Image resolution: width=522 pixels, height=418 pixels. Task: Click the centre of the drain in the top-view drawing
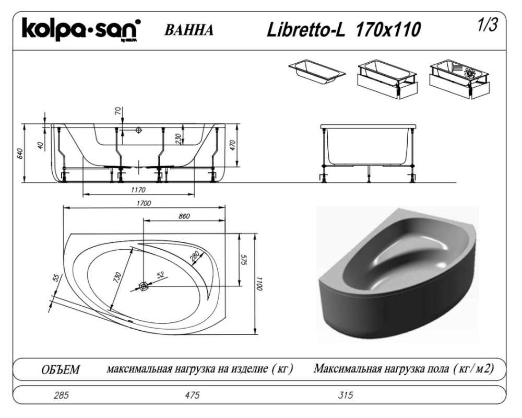click(144, 286)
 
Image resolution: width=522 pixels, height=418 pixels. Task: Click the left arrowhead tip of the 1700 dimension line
click(63, 207)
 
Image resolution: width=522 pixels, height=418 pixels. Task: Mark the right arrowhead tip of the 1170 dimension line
click(194, 194)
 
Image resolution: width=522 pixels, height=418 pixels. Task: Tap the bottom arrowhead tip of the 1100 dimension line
click(255, 334)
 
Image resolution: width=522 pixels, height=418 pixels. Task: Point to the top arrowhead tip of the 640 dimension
click(25, 124)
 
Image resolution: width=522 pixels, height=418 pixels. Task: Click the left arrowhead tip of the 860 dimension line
click(143, 220)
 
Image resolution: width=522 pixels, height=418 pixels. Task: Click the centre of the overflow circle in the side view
click(139, 130)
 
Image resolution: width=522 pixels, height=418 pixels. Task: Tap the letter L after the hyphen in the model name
click(340, 30)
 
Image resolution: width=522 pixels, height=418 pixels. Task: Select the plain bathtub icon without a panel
click(317, 72)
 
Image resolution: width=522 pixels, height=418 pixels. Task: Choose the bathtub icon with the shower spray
click(460, 79)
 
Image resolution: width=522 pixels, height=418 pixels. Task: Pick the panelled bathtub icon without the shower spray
click(388, 79)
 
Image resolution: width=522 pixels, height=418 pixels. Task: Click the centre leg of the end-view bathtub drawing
click(369, 173)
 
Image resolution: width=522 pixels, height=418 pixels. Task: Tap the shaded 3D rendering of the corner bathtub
click(397, 274)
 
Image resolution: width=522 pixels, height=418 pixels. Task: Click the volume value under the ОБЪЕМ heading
click(61, 395)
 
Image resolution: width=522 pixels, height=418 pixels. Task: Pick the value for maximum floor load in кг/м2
click(345, 395)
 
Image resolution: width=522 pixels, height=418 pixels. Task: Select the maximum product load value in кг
click(192, 395)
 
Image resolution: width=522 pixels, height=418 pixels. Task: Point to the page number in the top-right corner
click(488, 25)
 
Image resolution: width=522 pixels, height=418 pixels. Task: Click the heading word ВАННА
click(189, 30)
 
